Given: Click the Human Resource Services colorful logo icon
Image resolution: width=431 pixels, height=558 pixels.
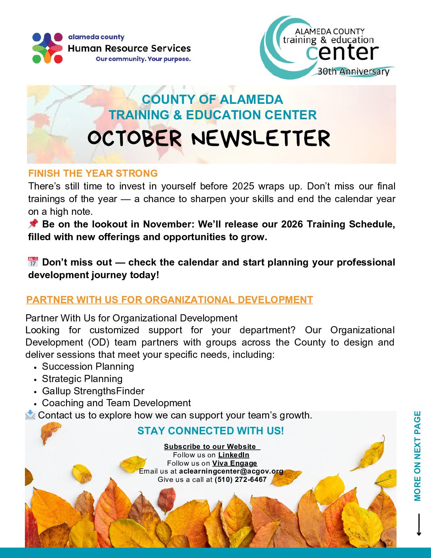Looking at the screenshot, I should [48, 48].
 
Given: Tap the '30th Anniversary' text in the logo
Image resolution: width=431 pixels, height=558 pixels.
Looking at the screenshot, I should [353, 72].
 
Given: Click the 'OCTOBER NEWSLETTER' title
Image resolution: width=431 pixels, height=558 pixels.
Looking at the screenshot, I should [209, 138].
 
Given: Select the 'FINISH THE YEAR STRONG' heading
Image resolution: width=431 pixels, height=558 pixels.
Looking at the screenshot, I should [93, 174].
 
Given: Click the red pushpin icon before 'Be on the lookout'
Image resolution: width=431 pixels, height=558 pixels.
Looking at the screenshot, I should [33, 224].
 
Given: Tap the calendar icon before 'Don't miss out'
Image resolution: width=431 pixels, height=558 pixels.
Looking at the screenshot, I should [33, 262].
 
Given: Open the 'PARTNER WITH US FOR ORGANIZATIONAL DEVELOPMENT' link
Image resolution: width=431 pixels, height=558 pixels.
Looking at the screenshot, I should [170, 300].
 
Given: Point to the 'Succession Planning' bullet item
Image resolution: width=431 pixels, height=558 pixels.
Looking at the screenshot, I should [88, 367].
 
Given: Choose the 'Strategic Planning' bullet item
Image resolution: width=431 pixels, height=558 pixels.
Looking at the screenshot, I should [82, 379].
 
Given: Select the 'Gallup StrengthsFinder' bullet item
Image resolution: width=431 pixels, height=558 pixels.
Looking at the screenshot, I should [93, 391].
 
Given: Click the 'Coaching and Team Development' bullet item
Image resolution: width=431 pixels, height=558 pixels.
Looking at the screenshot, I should [116, 403].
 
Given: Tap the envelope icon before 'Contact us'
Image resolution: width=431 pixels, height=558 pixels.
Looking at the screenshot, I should [30, 415].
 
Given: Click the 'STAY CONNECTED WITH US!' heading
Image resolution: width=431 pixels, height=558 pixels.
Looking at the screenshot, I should [210, 431].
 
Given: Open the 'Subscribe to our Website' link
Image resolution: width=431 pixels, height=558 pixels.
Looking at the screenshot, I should [210, 447].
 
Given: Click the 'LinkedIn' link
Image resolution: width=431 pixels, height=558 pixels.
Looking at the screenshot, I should [234, 455].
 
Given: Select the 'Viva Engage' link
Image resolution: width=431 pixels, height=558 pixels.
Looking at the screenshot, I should [235, 463].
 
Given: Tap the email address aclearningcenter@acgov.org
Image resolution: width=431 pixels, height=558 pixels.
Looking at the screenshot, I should [231, 471].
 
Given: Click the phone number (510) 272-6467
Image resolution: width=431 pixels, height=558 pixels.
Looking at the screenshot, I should [240, 480].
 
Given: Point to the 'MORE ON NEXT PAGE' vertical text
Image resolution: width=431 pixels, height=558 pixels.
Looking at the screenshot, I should [417, 456].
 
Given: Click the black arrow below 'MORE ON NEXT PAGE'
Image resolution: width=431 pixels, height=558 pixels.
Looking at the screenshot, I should [419, 525].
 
